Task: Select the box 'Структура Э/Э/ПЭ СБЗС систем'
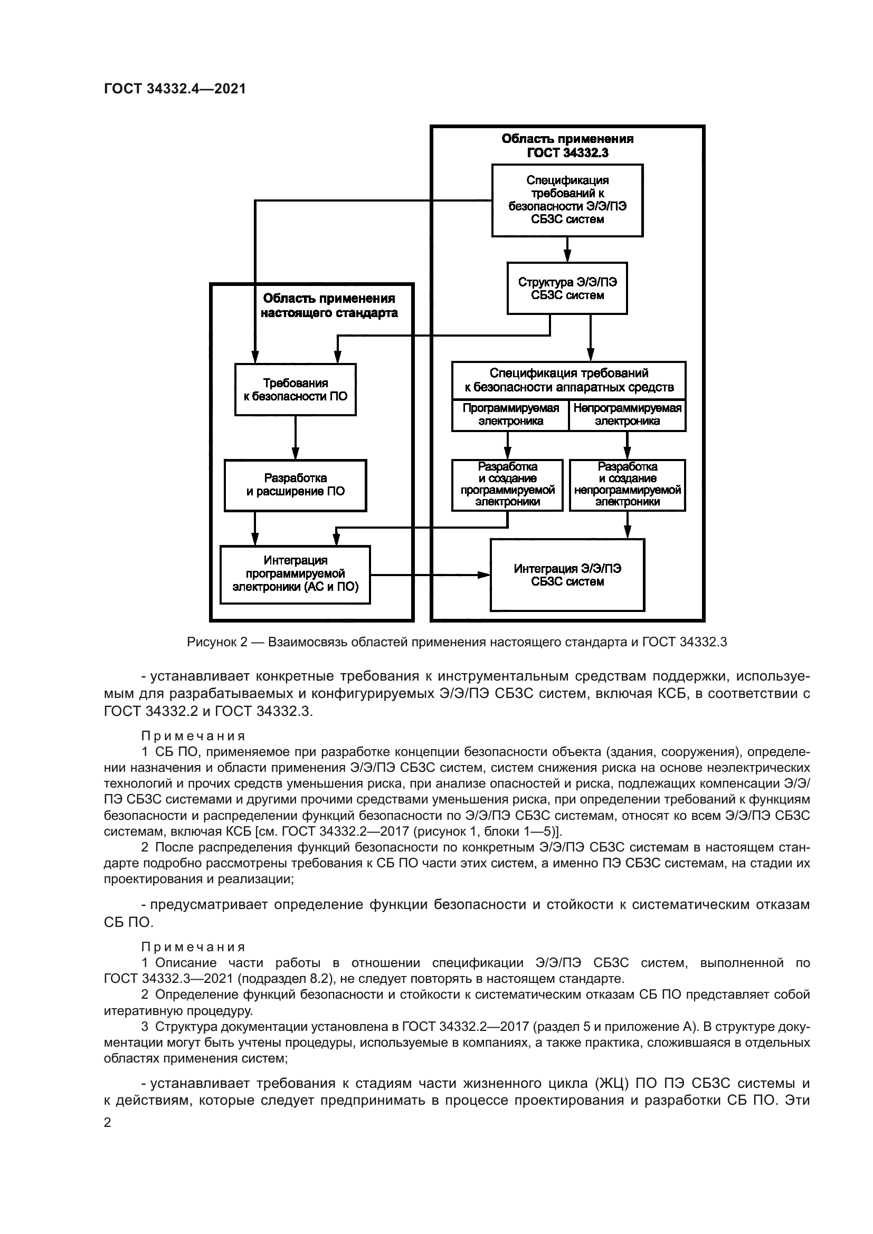[567, 289]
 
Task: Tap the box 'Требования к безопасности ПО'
[295, 390]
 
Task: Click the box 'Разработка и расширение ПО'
[295, 485]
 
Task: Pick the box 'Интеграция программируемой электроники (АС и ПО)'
[295, 574]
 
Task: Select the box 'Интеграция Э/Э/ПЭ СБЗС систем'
[567, 575]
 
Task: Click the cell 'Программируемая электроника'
[510, 415]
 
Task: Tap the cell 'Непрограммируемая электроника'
[628, 415]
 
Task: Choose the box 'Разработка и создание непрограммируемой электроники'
[628, 484]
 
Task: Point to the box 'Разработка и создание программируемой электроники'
[507, 484]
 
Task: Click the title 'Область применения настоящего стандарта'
[329, 306]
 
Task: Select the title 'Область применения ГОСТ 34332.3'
[567, 146]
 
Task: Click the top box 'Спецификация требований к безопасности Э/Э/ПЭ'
[567, 200]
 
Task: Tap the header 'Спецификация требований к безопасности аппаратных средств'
[569, 380]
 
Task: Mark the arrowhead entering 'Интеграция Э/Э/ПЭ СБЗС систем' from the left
[485, 575]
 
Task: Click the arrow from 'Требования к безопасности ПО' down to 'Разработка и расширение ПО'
[295, 437]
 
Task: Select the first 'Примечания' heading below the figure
[193, 736]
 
